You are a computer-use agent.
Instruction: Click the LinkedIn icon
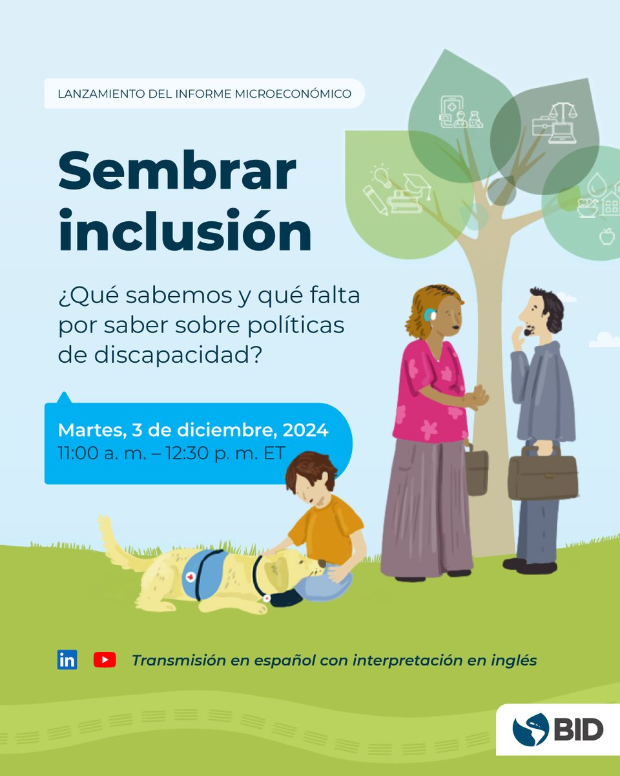(x=67, y=660)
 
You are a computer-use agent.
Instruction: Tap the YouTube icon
(x=105, y=660)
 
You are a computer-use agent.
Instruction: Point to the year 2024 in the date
(x=307, y=430)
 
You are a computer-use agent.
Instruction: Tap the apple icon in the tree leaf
(x=606, y=237)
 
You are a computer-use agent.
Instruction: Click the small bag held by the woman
(x=477, y=473)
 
